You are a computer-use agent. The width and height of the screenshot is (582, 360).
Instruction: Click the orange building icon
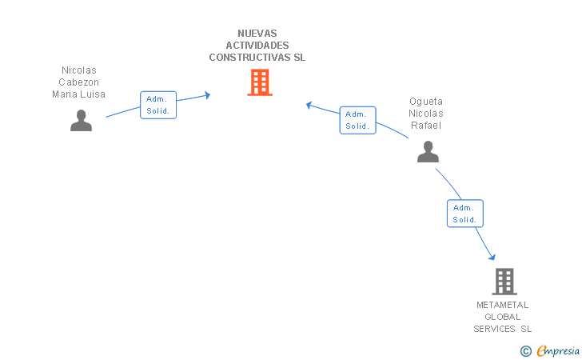pos(260,82)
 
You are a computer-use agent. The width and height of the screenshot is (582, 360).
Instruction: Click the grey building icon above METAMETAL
pos(504,282)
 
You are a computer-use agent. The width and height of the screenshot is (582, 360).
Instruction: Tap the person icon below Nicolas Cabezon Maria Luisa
pos(81,120)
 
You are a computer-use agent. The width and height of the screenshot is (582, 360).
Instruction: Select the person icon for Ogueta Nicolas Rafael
pos(428,151)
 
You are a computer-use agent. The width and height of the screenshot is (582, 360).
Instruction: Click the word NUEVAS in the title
pos(257,34)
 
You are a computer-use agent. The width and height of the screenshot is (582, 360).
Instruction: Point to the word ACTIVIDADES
pos(257,46)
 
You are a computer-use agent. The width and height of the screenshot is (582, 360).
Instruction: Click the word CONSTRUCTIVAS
pos(249,58)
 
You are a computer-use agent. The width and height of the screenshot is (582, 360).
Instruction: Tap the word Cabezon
pos(78,82)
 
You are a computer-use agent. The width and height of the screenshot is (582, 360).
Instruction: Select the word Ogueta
pos(426,102)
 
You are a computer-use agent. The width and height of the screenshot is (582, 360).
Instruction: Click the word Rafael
pos(426,126)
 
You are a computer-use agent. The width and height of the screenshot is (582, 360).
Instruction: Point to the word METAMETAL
pos(503,305)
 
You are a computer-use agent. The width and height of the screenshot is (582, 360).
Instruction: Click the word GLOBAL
pos(503,317)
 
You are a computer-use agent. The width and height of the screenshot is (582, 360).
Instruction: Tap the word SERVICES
pos(494,329)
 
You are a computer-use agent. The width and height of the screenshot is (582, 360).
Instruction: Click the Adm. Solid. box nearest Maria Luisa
pos(158,105)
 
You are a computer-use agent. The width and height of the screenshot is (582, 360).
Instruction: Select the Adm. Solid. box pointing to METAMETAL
pos(465,214)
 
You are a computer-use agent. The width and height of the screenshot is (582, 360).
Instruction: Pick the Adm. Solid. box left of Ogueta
pos(358,120)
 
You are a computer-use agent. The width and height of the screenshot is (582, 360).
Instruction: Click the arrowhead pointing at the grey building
pos(492,257)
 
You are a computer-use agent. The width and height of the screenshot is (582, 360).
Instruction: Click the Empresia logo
pos(558,350)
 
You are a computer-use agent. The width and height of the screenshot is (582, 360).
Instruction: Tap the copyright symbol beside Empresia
pos(526,351)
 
